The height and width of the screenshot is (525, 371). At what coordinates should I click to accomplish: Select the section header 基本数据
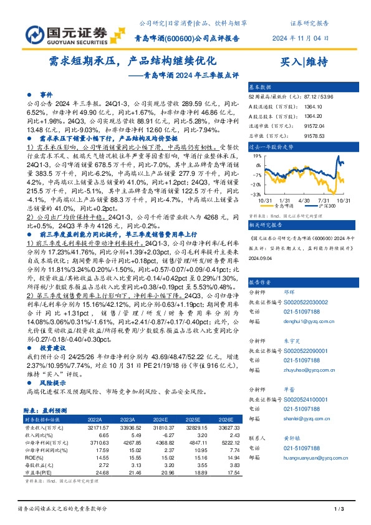click(x=260, y=87)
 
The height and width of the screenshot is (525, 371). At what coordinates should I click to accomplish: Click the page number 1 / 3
click(x=340, y=510)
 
